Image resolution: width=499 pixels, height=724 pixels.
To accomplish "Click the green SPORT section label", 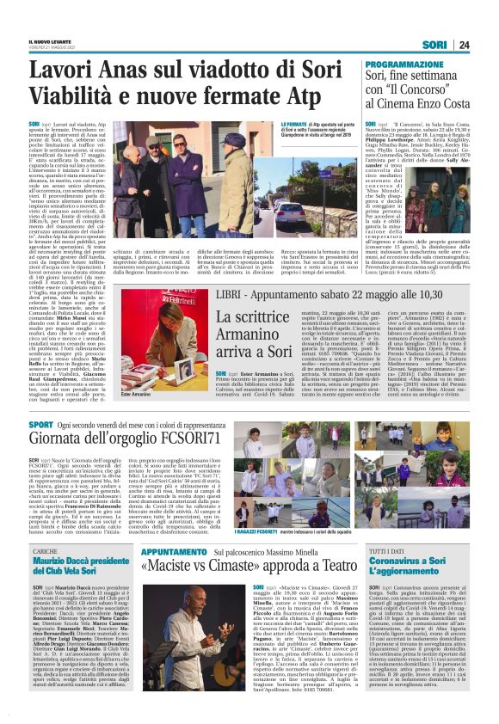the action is (41, 426).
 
